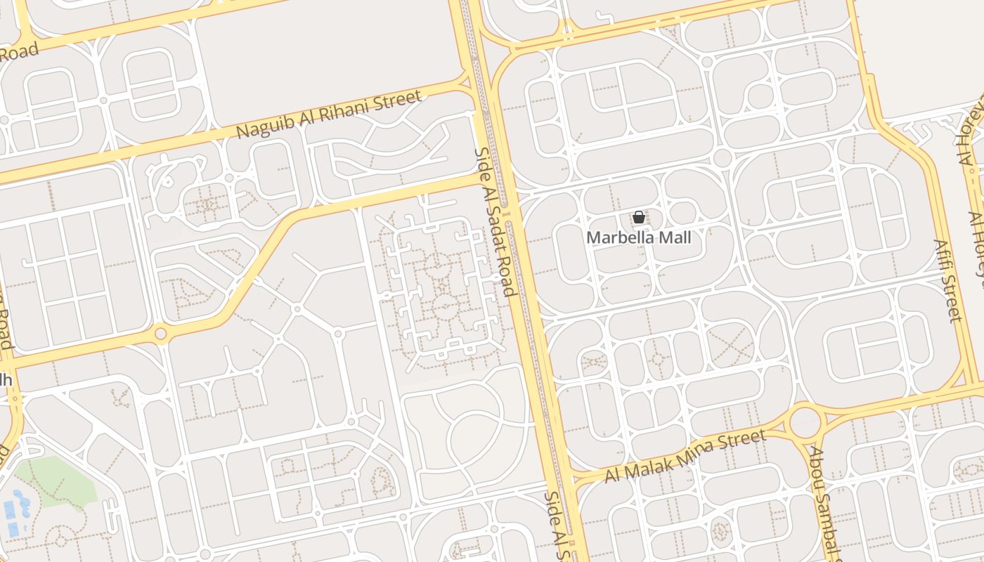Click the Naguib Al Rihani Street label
coord(329,115)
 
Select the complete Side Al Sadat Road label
coord(496,221)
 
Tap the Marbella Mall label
coord(639,237)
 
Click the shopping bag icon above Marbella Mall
coord(639,218)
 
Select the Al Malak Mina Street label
coord(685,457)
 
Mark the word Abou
coord(817,464)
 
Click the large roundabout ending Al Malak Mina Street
coord(805,422)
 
